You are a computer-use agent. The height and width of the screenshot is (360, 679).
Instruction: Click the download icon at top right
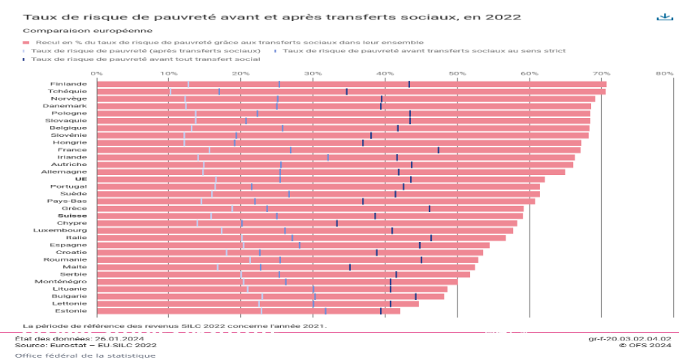tap(663, 17)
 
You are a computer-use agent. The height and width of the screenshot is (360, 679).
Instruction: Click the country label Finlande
tap(68, 83)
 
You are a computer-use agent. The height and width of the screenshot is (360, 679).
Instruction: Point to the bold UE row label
tap(81, 179)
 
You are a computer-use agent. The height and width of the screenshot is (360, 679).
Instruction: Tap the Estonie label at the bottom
tap(72, 310)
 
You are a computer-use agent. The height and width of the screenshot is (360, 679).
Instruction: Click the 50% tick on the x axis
tap(457, 74)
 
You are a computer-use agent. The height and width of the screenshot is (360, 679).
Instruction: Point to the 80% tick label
tap(664, 74)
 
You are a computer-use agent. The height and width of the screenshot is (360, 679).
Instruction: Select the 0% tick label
tap(96, 74)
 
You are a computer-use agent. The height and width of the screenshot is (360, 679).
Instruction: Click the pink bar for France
tap(338, 150)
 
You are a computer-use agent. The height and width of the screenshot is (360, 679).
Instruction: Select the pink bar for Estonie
tap(248, 310)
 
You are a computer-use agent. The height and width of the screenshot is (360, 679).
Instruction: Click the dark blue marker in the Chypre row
tap(337, 223)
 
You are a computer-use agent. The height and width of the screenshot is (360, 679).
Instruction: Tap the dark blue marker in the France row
tap(439, 150)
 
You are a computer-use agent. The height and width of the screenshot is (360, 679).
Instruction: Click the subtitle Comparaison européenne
tap(72, 31)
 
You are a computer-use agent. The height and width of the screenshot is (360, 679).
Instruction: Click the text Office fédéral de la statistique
tap(85, 355)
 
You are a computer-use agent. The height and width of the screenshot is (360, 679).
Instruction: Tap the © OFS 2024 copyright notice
tap(644, 346)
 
